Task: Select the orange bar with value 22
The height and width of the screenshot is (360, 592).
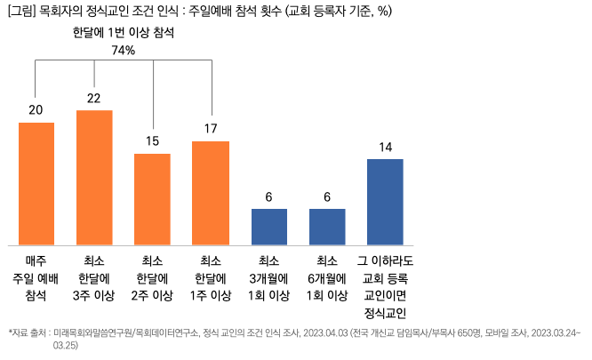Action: coord(94,177)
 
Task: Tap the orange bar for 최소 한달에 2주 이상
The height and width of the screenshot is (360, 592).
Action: coord(152,198)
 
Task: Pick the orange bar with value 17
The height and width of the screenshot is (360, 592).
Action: coord(211,192)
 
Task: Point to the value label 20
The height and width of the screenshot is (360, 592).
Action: coord(36,110)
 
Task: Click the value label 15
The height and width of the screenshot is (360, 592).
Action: coord(152,141)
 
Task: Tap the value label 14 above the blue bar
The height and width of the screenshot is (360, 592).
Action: coord(385,147)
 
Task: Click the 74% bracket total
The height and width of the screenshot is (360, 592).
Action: coord(124,50)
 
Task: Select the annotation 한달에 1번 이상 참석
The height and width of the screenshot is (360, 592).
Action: coord(124,32)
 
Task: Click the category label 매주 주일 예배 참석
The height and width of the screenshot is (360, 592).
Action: coord(36,277)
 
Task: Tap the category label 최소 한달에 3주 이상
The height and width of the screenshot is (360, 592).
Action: coord(94,277)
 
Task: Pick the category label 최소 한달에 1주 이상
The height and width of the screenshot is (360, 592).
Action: coord(211,277)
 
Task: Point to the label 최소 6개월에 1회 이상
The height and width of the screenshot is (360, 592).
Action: coord(327,277)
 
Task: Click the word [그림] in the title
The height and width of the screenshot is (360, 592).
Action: coord(21,11)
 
